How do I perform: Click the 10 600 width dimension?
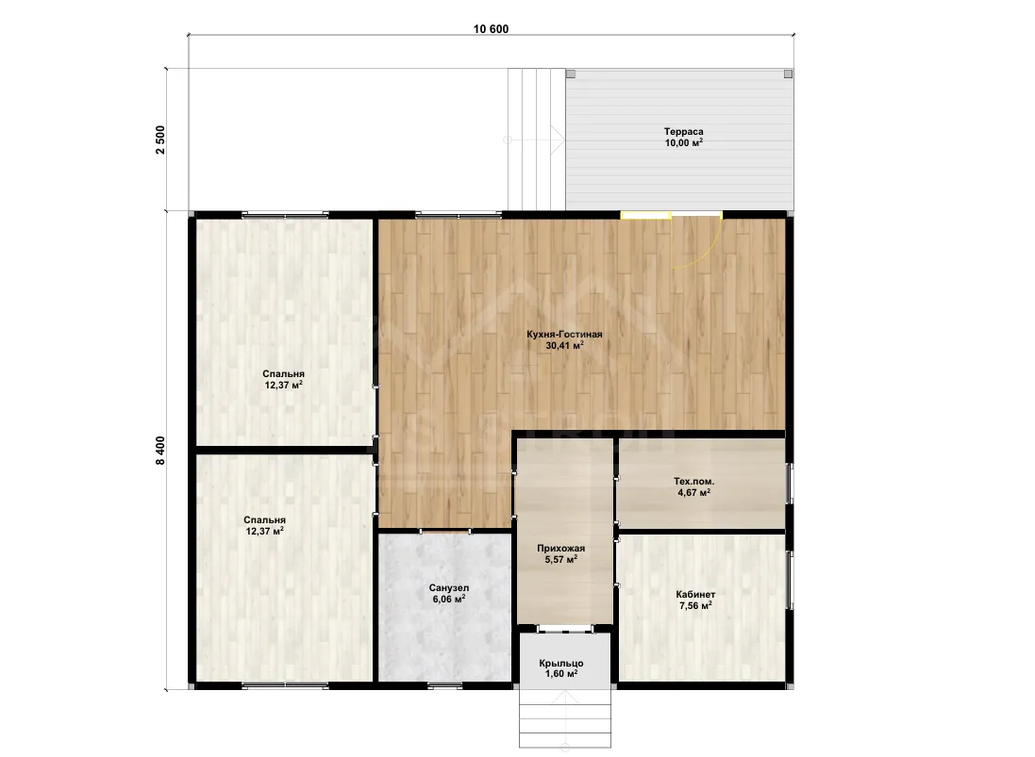click(492, 29)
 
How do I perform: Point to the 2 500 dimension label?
click(160, 140)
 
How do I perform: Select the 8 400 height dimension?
click(160, 451)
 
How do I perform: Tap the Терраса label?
click(683, 131)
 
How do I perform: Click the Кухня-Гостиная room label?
click(564, 335)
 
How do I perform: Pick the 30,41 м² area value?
click(564, 345)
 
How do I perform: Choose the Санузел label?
click(449, 587)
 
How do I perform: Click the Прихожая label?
click(561, 548)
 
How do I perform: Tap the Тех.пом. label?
click(693, 482)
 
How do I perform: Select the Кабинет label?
click(695, 594)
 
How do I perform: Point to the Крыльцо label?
click(561, 664)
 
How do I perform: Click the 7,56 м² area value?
click(695, 605)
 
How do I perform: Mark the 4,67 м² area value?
click(693, 492)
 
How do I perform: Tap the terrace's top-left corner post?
click(570, 74)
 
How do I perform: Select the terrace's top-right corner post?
click(788, 74)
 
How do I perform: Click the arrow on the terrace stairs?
click(535, 140)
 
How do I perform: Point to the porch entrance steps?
click(565, 717)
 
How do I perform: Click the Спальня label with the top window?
click(283, 374)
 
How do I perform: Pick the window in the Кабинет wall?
click(790, 581)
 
